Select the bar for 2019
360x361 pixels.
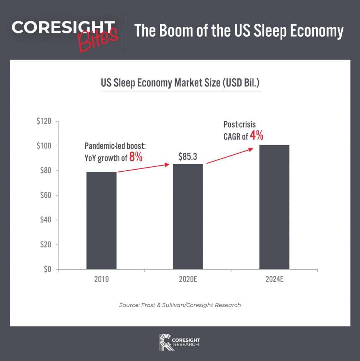click(101, 220)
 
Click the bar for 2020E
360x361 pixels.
click(188, 216)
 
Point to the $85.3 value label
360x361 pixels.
click(188, 157)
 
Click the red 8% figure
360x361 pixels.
click(136, 157)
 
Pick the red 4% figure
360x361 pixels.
click(257, 136)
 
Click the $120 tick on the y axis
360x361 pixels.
click(44, 122)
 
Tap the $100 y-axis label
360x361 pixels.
click(44, 146)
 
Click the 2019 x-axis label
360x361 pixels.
click(101, 280)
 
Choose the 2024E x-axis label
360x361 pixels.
click(275, 280)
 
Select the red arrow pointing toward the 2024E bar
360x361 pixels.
click(229, 156)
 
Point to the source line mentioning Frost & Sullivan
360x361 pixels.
click(180, 305)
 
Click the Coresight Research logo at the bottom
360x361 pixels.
click(180, 342)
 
